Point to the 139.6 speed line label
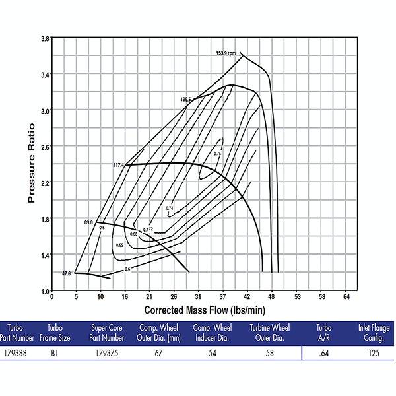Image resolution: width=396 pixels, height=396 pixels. [185, 100]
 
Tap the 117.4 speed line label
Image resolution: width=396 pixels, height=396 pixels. [119, 165]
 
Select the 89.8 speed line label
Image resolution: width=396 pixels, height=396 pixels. [89, 223]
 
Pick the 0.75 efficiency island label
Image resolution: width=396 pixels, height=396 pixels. [218, 153]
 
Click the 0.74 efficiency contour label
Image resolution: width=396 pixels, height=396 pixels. [169, 208]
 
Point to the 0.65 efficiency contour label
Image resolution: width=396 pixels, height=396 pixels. [119, 245]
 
